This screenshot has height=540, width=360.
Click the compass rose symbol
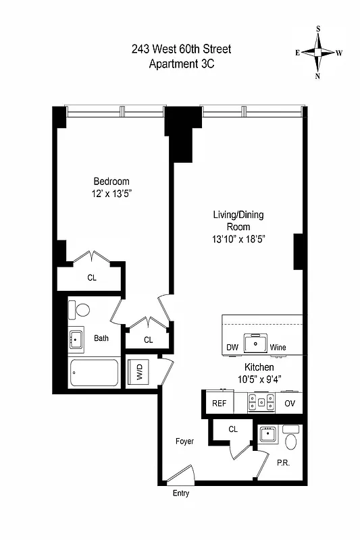(319, 53)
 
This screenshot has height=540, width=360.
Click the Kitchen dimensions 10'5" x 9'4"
(253, 380)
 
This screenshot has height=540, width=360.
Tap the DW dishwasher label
(233, 348)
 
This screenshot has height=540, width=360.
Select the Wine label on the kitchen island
(278, 348)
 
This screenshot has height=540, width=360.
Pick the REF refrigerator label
(220, 403)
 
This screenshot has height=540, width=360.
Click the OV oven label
(290, 403)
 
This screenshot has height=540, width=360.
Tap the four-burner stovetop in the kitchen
(261, 402)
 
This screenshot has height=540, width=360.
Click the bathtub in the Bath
(95, 373)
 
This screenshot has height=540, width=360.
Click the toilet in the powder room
(291, 441)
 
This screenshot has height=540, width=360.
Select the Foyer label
(184, 441)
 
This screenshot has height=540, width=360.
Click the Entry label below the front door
(180, 493)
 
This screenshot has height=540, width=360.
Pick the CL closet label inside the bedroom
(91, 277)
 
